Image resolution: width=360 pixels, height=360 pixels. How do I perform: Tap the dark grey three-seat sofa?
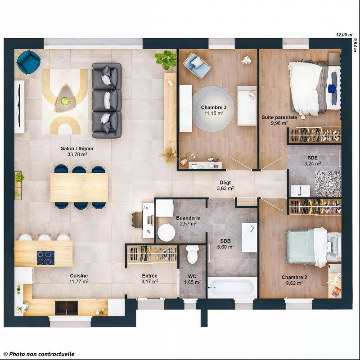(x=107, y=100)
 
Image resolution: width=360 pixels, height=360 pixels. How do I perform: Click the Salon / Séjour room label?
(x=74, y=151)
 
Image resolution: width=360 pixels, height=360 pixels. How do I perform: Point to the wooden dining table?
(x=79, y=187)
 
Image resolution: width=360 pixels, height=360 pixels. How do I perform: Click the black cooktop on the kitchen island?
(x=45, y=258)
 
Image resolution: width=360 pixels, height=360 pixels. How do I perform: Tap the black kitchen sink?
(x=67, y=308)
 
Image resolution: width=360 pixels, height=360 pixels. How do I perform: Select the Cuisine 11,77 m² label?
(x=79, y=279)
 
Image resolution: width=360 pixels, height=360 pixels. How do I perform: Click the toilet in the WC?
(x=193, y=254)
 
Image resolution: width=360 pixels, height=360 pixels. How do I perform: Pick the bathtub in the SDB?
(x=232, y=287)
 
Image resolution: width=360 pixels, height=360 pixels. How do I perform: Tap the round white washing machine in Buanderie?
(x=166, y=233)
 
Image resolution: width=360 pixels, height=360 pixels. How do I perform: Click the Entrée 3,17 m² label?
(x=149, y=279)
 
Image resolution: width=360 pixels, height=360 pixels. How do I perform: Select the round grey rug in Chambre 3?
(x=213, y=109)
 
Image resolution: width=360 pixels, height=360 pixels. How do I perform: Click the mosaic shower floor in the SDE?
(x=328, y=184)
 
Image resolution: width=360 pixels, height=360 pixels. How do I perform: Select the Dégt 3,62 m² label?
(x=225, y=185)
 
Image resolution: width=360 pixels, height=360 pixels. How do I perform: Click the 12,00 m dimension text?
(x=344, y=34)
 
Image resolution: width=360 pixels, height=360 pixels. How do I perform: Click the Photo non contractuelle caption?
(x=39, y=354)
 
